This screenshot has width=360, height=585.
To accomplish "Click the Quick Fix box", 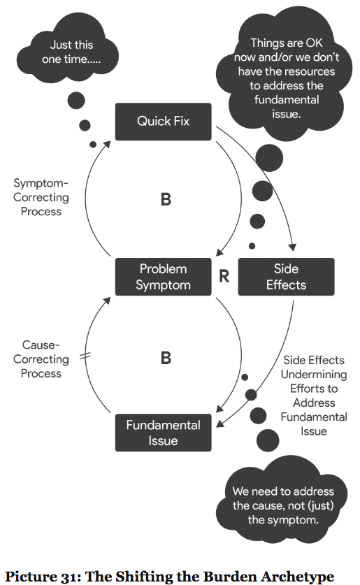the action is [164, 122].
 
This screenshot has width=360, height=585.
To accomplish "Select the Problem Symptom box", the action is [164, 277].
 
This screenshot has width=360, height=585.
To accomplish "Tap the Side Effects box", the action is [286, 277].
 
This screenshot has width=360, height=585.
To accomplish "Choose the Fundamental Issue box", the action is [164, 433].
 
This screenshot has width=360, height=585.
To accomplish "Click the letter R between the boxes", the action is [224, 277].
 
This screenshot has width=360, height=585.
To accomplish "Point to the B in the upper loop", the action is [166, 199].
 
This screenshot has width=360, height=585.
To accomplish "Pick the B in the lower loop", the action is [166, 358].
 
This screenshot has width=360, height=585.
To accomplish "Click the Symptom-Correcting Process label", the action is [41, 197].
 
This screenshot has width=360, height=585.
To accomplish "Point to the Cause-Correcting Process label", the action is [41, 359].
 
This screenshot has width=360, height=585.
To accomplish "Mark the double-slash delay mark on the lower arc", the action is [85, 356].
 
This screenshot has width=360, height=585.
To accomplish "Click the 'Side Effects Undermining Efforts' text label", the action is [314, 396].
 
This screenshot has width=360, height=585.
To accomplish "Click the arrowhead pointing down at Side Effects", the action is [293, 247].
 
